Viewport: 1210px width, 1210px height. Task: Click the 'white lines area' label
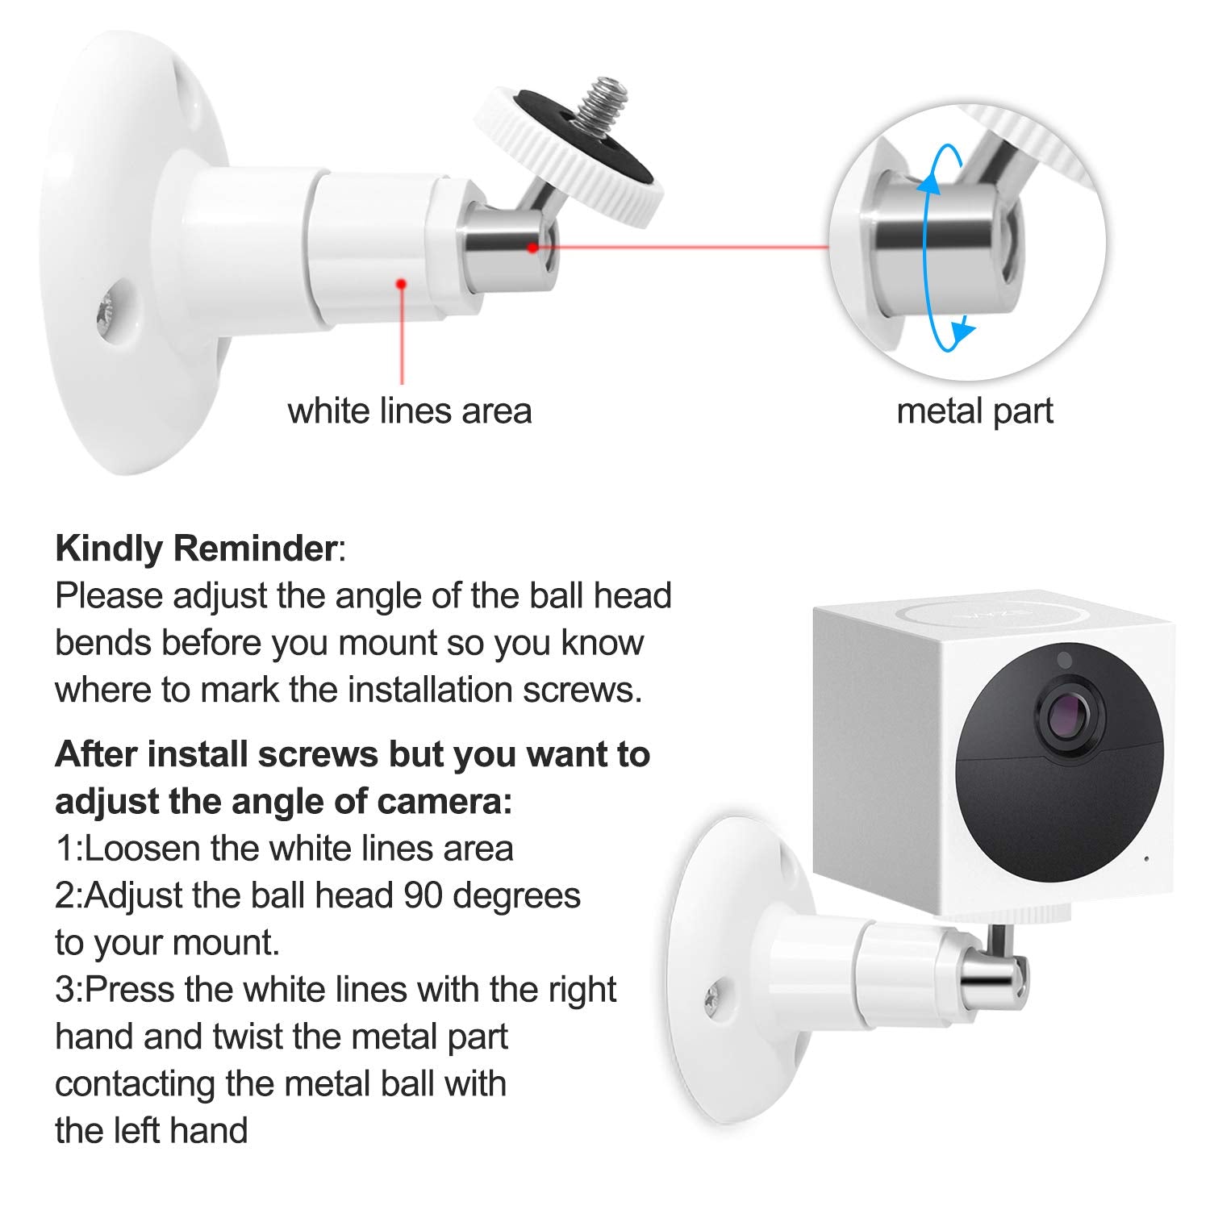pyautogui.click(x=410, y=411)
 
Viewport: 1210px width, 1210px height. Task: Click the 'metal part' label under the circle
pyautogui.click(x=974, y=412)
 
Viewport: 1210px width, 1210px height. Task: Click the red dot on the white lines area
pyautogui.click(x=400, y=283)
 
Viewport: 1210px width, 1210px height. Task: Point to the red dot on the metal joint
pyautogui.click(x=532, y=247)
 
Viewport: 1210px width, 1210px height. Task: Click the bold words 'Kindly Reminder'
pyautogui.click(x=196, y=549)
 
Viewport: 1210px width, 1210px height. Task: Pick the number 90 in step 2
pyautogui.click(x=425, y=895)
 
